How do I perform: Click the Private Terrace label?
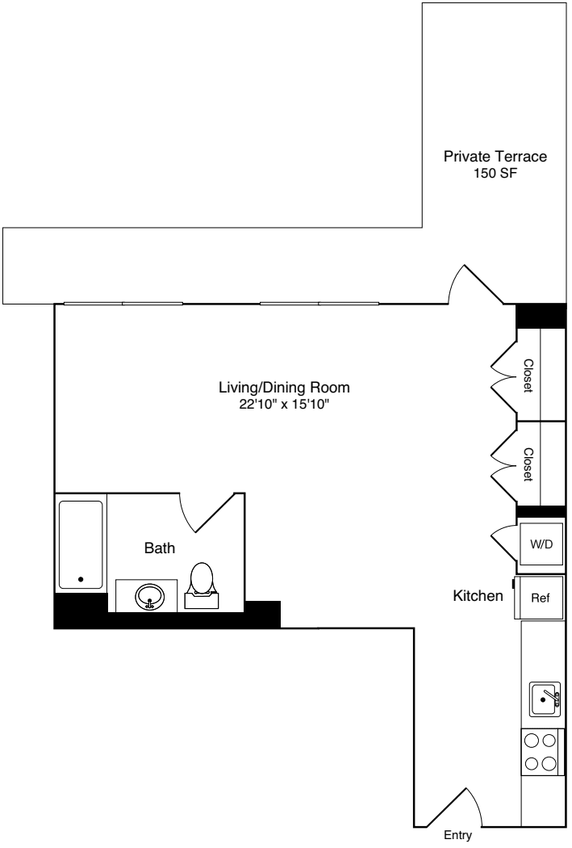tap(495, 157)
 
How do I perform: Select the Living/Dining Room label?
tap(284, 387)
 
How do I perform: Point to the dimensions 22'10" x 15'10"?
tap(284, 402)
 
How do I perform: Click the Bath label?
tap(159, 548)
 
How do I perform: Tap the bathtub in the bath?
tap(81, 545)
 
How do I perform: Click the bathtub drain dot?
tap(80, 579)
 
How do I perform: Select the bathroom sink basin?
tap(149, 598)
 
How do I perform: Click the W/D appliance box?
tap(541, 544)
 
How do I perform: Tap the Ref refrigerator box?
tap(540, 598)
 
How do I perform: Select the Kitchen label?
tap(478, 596)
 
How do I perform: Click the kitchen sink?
tap(545, 699)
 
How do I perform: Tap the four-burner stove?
tap(540, 751)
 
